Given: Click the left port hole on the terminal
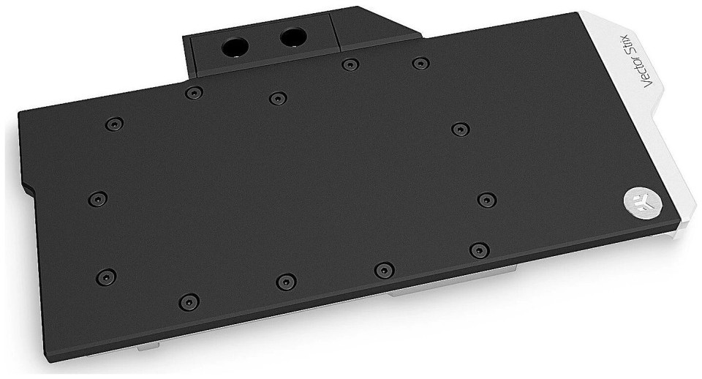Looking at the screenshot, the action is click(x=235, y=47).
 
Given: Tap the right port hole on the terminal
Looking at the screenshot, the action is click(x=293, y=37).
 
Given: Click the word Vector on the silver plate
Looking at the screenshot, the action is click(x=652, y=72).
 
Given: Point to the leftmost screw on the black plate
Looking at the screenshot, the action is click(x=97, y=198).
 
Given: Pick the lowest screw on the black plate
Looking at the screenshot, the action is click(x=189, y=302).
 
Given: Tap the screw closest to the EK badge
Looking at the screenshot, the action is click(x=487, y=200).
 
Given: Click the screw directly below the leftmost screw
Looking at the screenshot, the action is click(x=105, y=277).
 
